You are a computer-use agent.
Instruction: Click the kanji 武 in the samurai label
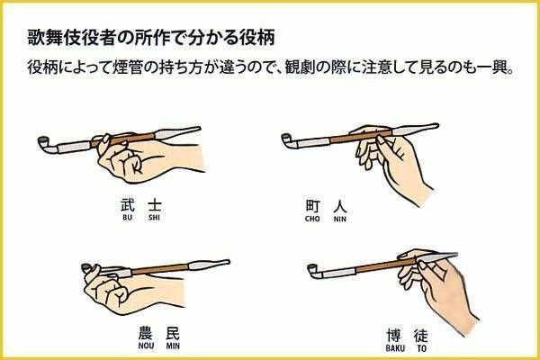click(127, 205)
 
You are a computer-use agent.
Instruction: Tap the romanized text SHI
click(154, 218)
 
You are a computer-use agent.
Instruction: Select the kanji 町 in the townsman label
click(312, 206)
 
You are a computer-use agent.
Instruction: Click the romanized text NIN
click(340, 219)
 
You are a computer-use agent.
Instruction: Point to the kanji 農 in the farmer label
click(146, 333)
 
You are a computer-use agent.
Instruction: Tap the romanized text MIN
click(173, 346)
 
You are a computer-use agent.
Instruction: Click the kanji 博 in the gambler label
click(394, 335)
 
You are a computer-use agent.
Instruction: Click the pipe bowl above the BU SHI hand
click(44, 142)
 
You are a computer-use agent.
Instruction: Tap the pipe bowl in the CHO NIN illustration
click(287, 139)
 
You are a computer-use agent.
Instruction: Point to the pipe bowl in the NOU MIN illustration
click(86, 267)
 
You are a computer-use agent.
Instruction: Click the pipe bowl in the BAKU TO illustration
click(312, 270)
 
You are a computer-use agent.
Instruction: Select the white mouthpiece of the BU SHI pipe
click(178, 132)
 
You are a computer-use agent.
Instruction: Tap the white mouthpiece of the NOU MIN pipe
click(209, 265)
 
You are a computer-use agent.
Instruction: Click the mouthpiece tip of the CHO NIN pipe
click(436, 126)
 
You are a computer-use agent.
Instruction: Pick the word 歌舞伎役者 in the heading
click(71, 37)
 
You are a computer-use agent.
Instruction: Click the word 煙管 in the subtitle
click(126, 67)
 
